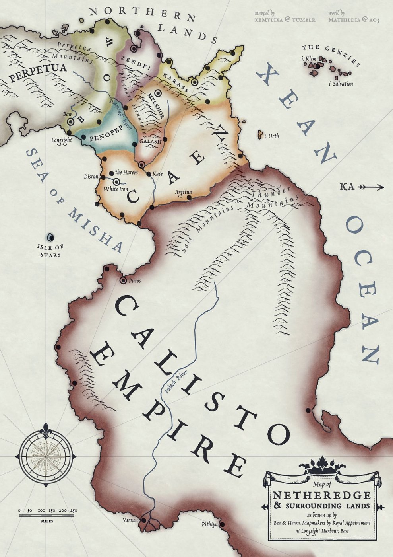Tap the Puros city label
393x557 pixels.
click(x=135, y=281)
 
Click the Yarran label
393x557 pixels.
click(x=130, y=520)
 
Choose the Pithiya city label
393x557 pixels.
click(x=209, y=525)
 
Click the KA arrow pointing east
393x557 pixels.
click(x=371, y=187)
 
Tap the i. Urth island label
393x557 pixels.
click(x=272, y=136)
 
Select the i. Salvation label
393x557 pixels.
click(x=341, y=84)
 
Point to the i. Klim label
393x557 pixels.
click(x=309, y=59)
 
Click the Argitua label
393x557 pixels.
click(x=183, y=193)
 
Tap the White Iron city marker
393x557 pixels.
click(x=116, y=181)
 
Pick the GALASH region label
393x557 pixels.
click(x=150, y=142)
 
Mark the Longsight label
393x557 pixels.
click(x=62, y=140)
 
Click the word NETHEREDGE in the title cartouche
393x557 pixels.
click(x=321, y=495)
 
